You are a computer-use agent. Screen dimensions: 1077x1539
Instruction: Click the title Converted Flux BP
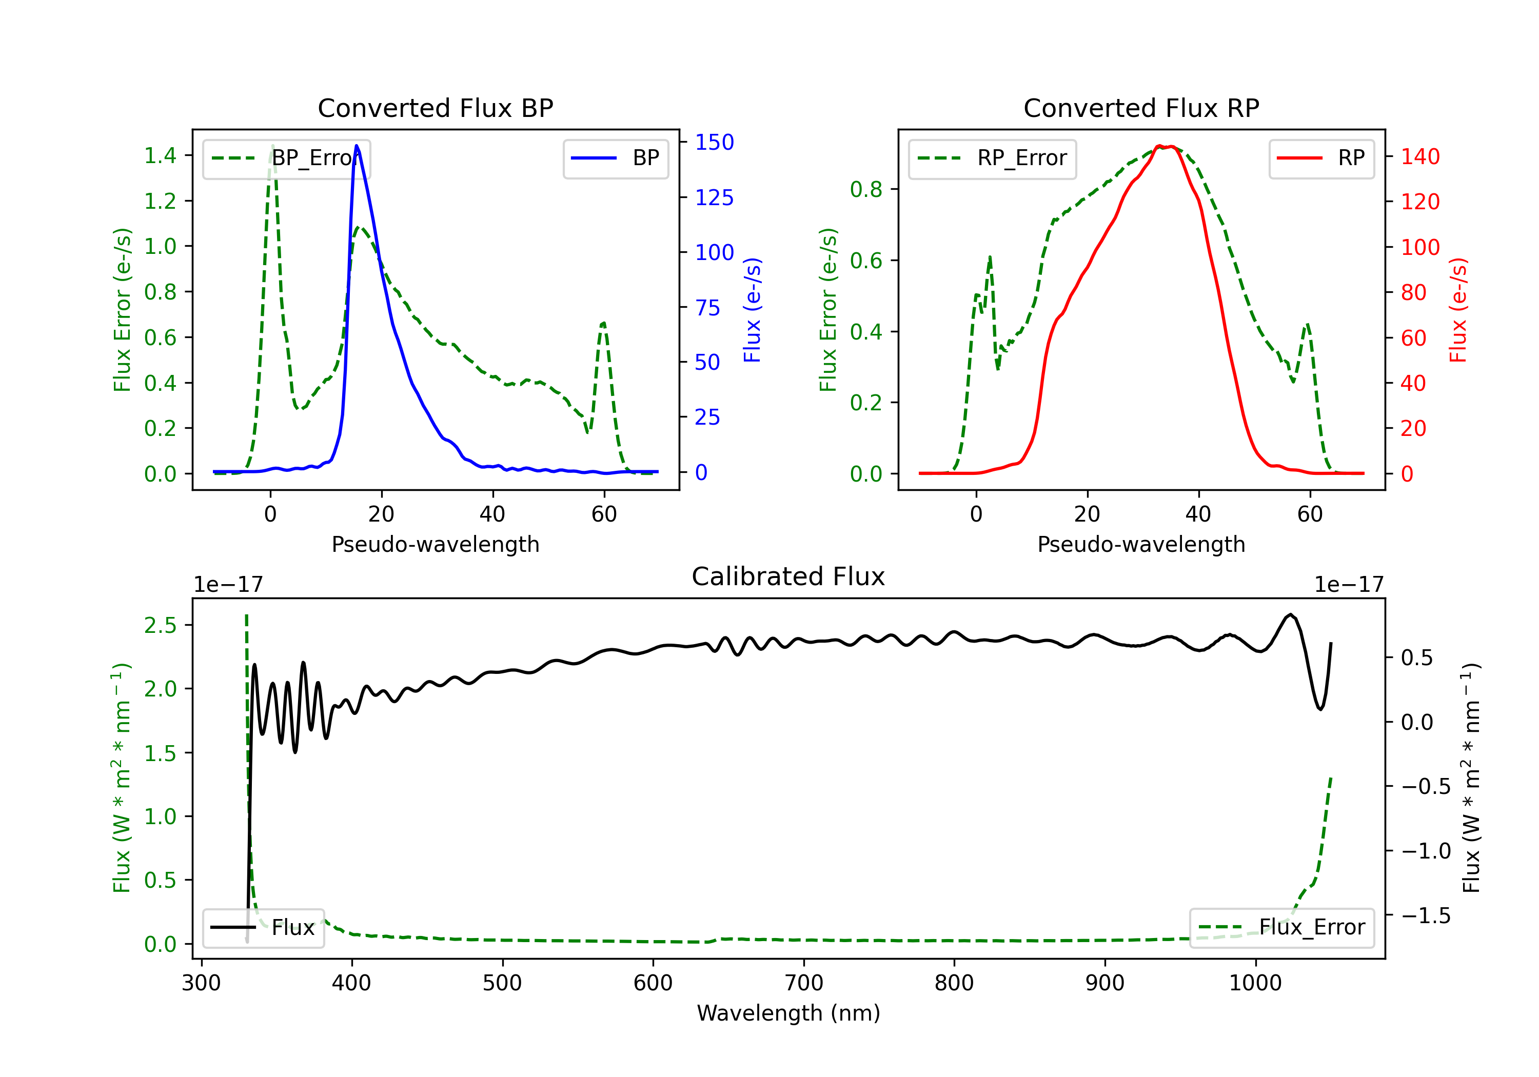[435, 108]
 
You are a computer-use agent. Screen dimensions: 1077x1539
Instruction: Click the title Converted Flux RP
[1141, 108]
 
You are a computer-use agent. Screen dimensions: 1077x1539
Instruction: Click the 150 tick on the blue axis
[714, 142]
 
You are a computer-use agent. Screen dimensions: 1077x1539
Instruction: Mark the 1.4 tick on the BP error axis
[160, 155]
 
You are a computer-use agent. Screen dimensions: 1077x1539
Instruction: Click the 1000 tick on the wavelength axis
[1255, 983]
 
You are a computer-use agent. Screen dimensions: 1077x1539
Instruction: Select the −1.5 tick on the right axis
[1425, 915]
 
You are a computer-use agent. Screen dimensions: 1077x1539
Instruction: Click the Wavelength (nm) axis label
[788, 1013]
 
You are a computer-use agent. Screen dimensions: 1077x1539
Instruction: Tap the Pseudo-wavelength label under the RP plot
[1141, 544]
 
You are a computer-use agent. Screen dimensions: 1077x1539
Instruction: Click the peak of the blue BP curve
[357, 146]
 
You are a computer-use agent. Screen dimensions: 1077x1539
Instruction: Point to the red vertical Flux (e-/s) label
[1458, 310]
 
